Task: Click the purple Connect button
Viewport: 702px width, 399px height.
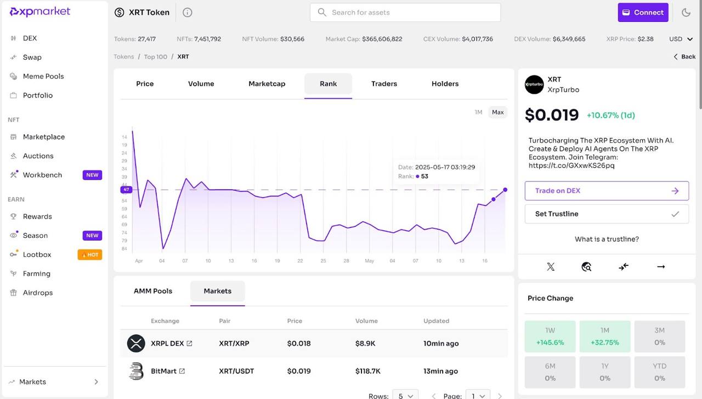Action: pos(643,13)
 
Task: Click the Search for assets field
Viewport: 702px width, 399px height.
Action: pos(405,13)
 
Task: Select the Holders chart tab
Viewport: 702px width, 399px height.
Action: pos(445,84)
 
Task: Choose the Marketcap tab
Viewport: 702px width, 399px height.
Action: pos(267,84)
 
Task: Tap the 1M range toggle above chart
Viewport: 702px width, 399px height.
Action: pos(478,112)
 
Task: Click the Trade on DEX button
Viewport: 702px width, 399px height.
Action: pos(607,191)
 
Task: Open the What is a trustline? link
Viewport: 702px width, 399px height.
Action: pos(607,239)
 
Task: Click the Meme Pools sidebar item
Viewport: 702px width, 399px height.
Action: pos(43,76)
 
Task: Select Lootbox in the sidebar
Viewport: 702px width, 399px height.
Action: pos(37,254)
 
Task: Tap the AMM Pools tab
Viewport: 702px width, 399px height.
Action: pos(153,291)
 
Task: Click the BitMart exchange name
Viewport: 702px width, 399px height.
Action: pos(163,371)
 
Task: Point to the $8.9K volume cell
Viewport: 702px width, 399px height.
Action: pos(365,344)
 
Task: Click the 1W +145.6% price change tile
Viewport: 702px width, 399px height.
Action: pos(550,337)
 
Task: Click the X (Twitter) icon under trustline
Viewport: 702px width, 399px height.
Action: pos(551,267)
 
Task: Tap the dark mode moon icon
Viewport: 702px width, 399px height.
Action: pos(686,13)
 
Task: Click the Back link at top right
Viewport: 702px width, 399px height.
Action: pos(684,56)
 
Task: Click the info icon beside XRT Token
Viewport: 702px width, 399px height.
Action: pos(187,13)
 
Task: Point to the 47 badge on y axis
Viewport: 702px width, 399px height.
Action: pos(126,190)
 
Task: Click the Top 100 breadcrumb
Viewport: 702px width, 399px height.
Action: pos(155,56)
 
